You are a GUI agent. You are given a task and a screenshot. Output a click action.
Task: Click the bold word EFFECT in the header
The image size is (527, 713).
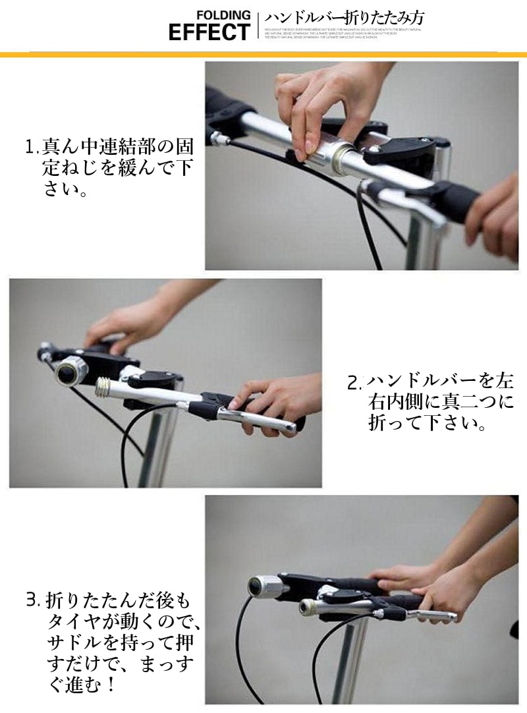(x=209, y=32)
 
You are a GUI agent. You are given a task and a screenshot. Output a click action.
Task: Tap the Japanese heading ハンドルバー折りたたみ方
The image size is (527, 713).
(x=344, y=18)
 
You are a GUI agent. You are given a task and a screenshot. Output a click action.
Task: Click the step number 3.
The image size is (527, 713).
(x=32, y=600)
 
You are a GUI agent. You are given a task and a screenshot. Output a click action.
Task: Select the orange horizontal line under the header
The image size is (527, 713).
(x=263, y=54)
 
